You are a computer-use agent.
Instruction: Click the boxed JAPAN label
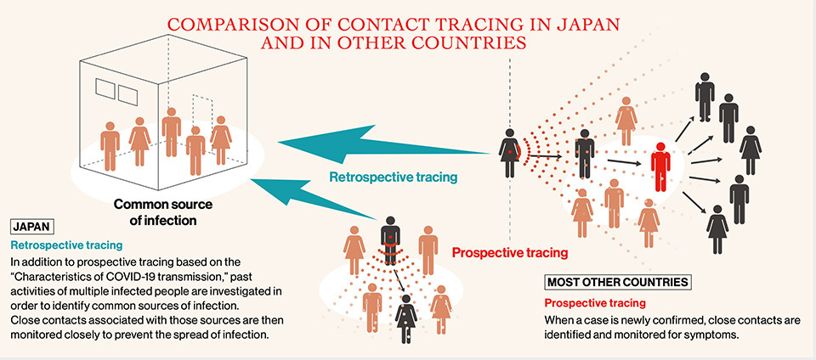[32, 227]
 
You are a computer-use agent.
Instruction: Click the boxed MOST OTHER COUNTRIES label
[618, 281]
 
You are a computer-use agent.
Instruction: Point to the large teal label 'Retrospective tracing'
[394, 177]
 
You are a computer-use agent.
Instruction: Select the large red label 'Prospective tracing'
[509, 252]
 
